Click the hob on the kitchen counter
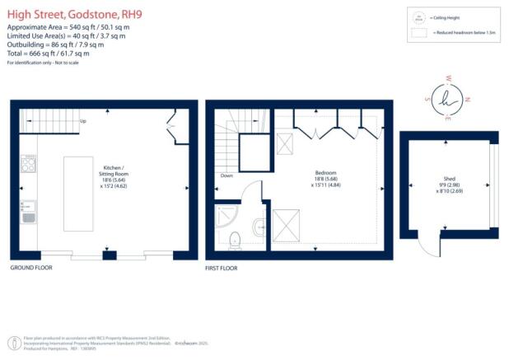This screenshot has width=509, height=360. (x=27, y=164)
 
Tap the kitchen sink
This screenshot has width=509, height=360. (x=27, y=217)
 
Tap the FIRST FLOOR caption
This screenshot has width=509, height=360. (x=221, y=269)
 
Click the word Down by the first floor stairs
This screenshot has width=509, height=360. (x=226, y=175)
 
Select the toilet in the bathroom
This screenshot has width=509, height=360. (x=235, y=240)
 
